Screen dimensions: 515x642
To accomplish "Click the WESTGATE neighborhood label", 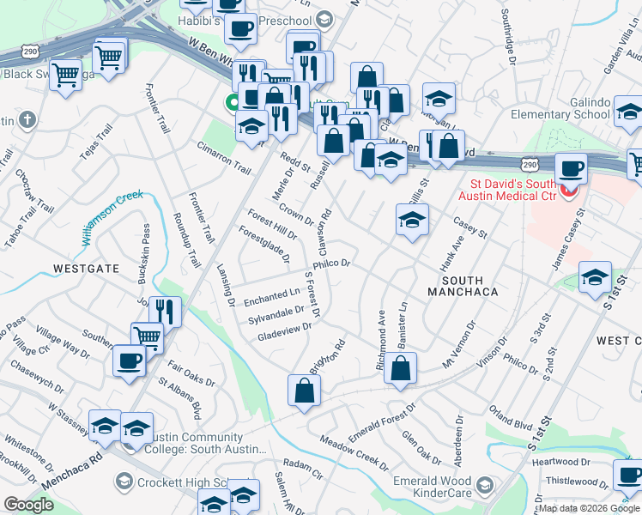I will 86,268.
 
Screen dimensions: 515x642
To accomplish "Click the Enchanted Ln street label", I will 272,297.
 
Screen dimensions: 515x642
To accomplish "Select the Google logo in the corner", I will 28,505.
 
